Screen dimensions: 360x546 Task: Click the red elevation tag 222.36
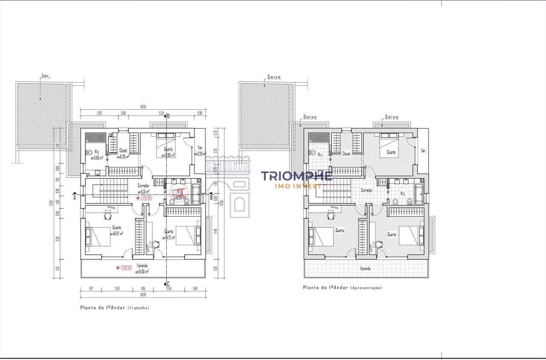(x=147, y=198)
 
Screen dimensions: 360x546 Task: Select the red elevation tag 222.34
(x=126, y=268)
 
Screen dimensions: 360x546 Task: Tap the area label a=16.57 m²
(x=116, y=234)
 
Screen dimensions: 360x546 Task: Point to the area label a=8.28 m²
(x=123, y=157)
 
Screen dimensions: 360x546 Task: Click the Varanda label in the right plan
(x=365, y=269)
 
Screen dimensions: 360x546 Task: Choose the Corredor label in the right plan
(x=367, y=190)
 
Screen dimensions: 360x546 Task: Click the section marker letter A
(x=74, y=198)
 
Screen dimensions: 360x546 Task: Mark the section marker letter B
(x=211, y=197)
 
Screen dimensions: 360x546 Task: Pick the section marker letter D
(x=168, y=116)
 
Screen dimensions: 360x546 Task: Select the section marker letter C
(x=168, y=284)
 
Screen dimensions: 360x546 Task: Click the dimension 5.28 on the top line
(x=161, y=113)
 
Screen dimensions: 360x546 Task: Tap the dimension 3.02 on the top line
(x=99, y=113)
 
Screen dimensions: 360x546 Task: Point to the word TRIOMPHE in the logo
(x=296, y=176)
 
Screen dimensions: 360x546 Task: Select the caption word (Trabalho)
(x=138, y=308)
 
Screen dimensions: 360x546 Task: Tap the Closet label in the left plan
(x=123, y=150)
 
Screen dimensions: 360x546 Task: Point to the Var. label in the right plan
(x=423, y=151)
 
